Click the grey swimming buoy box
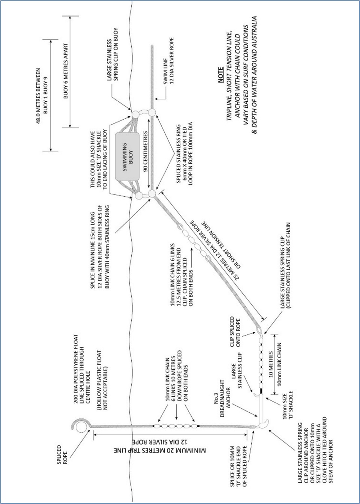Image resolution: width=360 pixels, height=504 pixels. coord(127,156)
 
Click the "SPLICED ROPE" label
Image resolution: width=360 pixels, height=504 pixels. coord(62,451)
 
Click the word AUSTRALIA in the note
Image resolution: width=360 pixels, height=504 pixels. coord(255,33)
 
